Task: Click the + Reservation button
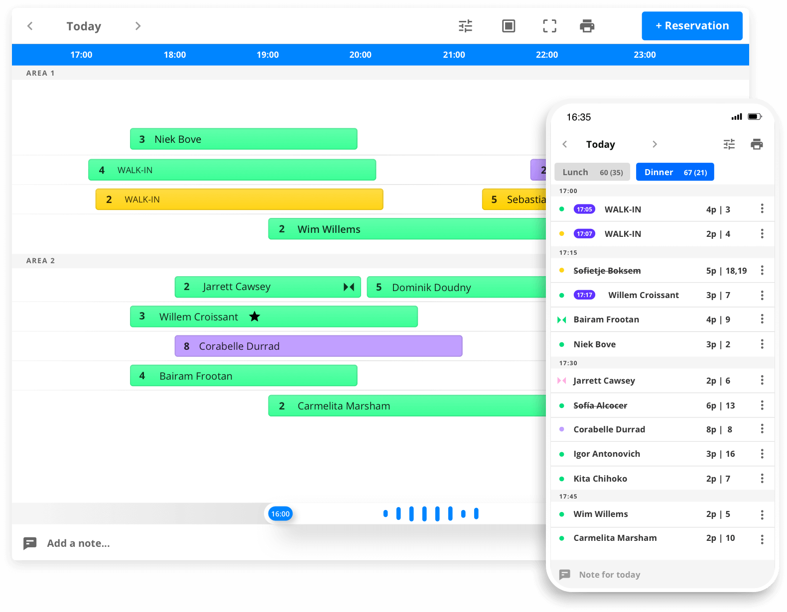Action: click(691, 26)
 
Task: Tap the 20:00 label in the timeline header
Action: click(360, 55)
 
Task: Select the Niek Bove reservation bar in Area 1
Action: click(244, 139)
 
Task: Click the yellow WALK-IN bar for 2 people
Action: click(239, 200)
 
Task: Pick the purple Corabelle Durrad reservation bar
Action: click(318, 346)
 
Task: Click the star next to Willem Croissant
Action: click(255, 316)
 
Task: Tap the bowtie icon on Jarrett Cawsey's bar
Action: click(349, 287)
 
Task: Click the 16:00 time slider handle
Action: click(280, 513)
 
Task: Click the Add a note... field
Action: click(78, 543)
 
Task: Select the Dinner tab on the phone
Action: click(675, 172)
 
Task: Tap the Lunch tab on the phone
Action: click(592, 172)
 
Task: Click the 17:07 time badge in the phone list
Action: click(584, 234)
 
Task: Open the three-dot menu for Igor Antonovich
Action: click(762, 454)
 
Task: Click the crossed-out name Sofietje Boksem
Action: click(607, 271)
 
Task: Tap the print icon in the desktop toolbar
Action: click(587, 26)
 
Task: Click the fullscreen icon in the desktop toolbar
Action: click(549, 26)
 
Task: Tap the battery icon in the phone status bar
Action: click(755, 116)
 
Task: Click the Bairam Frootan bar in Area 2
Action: click(244, 376)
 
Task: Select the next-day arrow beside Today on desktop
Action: click(137, 26)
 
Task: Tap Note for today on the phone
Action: click(609, 574)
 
